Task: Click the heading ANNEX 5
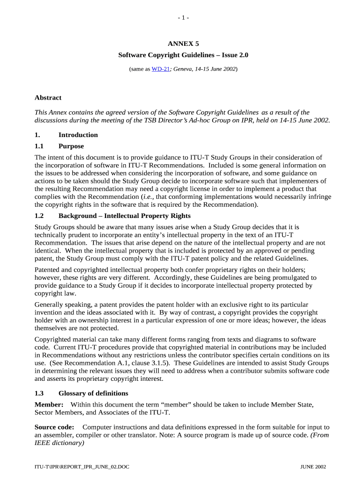coord(183,44)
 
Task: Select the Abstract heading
coord(48,98)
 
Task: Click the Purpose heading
coord(71,146)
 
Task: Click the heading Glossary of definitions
coord(93,393)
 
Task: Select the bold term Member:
coord(49,404)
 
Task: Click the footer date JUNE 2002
coord(313,467)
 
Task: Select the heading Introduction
coord(78,135)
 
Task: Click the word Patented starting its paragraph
coord(49,270)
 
